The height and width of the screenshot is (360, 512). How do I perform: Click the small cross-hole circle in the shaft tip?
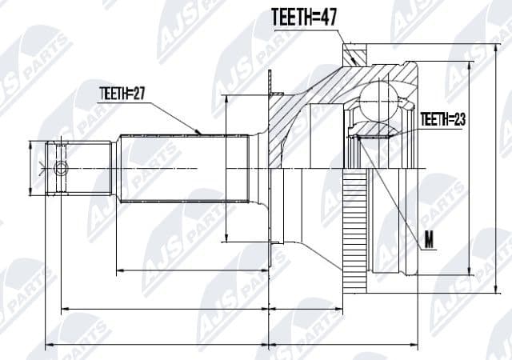[61, 168]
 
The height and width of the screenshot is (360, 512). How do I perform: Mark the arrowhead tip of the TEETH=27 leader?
[201, 132]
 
